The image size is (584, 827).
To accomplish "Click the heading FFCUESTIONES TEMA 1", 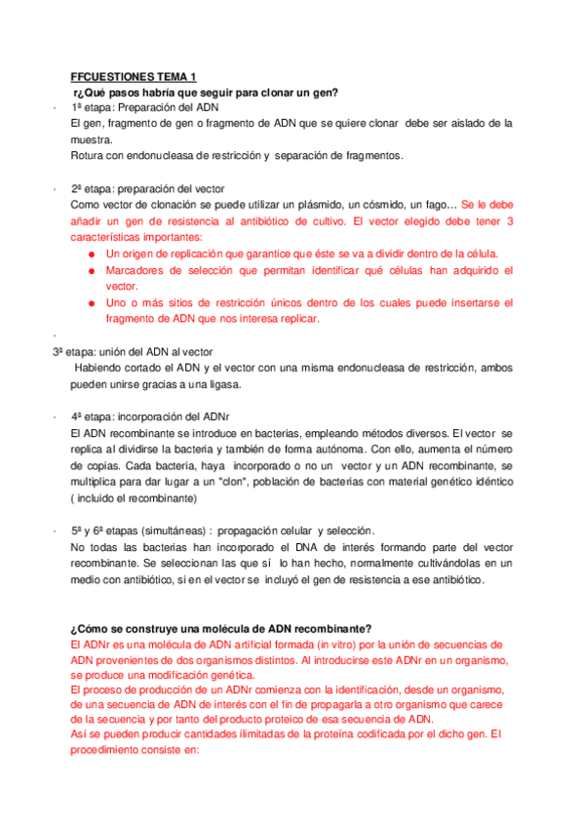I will pyautogui.click(x=134, y=76).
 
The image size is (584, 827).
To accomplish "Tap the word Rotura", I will pyautogui.click(x=89, y=155).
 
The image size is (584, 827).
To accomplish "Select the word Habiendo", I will pyautogui.click(x=101, y=368).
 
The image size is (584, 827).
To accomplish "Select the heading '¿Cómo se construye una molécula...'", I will pyautogui.click(x=221, y=628).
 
